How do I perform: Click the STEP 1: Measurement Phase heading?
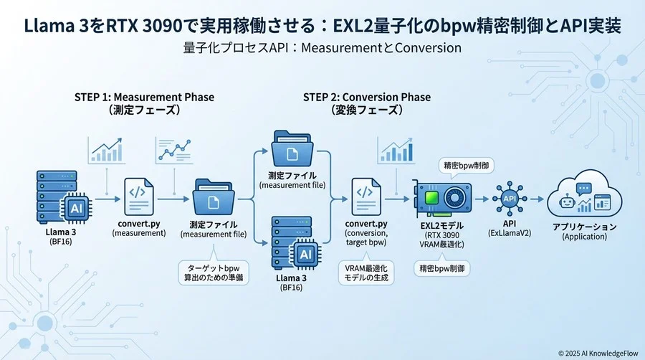click(x=144, y=97)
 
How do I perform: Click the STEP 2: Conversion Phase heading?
click(x=366, y=97)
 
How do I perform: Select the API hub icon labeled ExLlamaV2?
click(x=510, y=197)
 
